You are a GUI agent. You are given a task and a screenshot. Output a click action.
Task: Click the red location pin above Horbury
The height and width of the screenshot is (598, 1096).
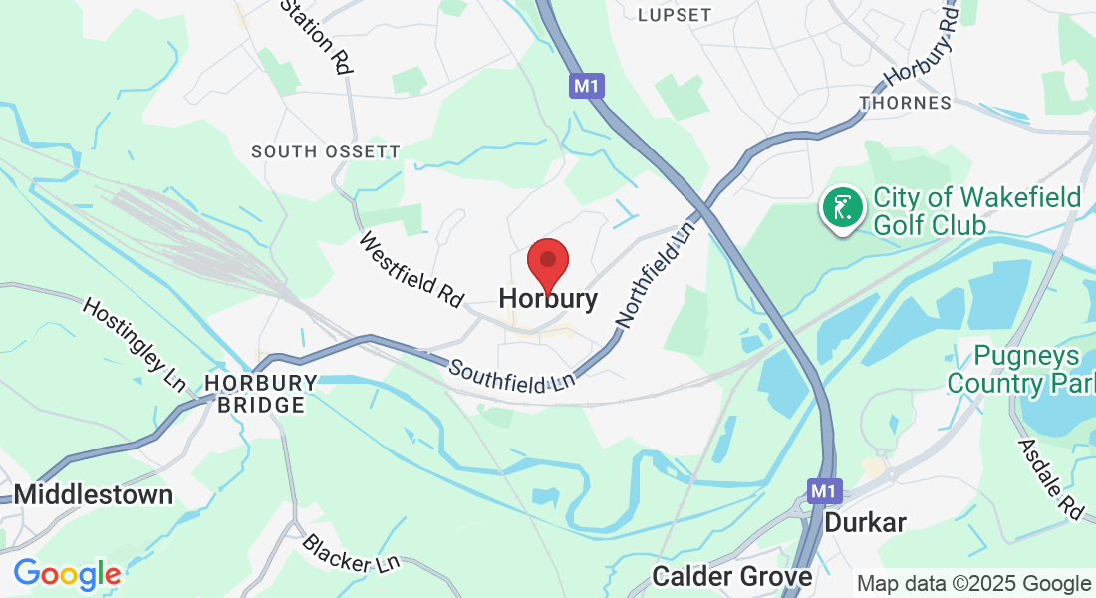(x=547, y=261)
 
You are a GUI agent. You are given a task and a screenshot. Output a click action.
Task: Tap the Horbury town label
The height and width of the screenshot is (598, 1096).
(x=548, y=298)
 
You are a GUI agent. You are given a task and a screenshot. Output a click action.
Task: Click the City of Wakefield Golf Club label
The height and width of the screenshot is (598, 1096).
(x=976, y=211)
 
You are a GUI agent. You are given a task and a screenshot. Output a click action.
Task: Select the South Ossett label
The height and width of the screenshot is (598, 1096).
(x=326, y=151)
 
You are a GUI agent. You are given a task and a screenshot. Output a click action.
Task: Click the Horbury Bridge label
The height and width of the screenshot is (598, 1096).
(x=261, y=394)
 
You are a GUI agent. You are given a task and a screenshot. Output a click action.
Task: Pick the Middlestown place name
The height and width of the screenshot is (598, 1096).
(x=94, y=494)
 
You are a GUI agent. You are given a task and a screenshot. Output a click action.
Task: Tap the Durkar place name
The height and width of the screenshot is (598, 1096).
(x=866, y=522)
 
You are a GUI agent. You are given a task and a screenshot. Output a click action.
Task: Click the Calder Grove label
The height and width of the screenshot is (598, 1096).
(x=732, y=576)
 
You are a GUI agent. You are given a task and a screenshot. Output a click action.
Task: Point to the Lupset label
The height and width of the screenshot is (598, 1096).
(x=675, y=15)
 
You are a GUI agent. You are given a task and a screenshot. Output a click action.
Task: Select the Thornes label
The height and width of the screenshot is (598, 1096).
(x=905, y=103)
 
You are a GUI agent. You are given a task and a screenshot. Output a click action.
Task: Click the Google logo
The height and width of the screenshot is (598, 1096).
(x=67, y=574)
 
